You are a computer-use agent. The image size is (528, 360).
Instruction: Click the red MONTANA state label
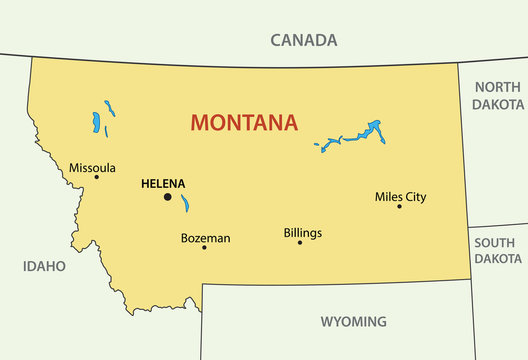click(243, 123)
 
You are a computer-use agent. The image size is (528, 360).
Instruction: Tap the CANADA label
click(304, 41)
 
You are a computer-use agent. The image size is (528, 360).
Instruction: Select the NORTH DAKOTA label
click(498, 95)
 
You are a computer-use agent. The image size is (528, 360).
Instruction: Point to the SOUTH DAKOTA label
click(498, 250)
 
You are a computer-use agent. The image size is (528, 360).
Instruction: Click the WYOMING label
click(353, 322)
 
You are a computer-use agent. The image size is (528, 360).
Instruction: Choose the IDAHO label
click(43, 266)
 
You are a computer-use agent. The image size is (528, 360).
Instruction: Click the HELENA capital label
click(163, 184)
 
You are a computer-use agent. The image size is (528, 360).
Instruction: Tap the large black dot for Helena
click(167, 197)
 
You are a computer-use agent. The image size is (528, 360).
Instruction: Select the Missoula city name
click(92, 168)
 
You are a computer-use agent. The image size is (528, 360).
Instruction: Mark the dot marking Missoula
click(96, 178)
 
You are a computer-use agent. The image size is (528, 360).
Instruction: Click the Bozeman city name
click(205, 238)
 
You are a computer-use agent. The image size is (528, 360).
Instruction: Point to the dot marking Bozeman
click(204, 247)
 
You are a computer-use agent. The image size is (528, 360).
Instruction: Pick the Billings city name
click(303, 233)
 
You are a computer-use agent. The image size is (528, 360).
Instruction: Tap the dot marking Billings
click(299, 242)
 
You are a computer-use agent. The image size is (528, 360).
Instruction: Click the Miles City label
click(400, 197)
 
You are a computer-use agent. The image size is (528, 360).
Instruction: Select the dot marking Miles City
click(399, 206)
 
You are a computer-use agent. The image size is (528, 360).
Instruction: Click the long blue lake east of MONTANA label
click(352, 136)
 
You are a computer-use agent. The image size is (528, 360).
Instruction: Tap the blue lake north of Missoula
click(96, 124)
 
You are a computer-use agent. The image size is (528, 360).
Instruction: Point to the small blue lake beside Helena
click(185, 204)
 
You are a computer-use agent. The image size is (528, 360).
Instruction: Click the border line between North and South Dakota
click(497, 226)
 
